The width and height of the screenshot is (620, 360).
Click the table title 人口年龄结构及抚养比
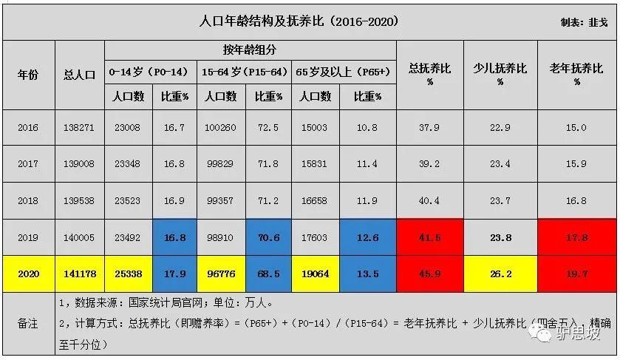(299, 21)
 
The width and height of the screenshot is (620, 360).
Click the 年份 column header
(27, 75)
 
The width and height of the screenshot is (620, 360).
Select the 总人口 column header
(80, 75)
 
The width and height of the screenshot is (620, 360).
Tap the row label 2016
(27, 128)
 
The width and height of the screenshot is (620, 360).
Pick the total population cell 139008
(80, 163)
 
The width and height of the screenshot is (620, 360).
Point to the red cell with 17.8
(576, 238)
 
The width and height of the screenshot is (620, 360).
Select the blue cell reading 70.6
(268, 238)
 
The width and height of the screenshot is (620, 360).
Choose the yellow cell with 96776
(221, 274)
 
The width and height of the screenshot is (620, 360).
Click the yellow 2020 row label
(27, 274)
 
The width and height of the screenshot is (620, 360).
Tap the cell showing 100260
(221, 128)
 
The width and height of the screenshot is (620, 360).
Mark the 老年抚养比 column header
(576, 74)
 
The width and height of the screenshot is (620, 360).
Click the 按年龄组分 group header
(250, 50)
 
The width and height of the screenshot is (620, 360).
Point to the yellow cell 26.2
(500, 274)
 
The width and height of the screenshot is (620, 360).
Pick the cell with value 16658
(316, 200)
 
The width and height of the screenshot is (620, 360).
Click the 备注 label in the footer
(27, 323)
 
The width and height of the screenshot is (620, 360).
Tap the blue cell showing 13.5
(367, 274)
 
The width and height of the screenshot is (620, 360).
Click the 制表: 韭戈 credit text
(584, 23)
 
